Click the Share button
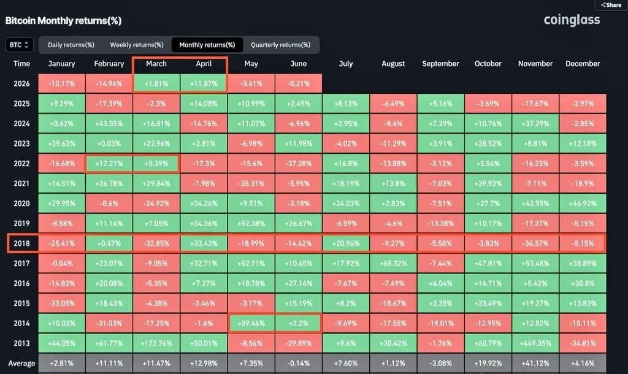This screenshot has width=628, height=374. [x=611, y=5]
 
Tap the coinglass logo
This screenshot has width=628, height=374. [x=572, y=20]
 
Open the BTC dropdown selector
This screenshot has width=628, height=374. [x=19, y=45]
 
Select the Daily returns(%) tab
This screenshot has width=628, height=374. [x=71, y=45]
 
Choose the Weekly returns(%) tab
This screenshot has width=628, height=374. [x=137, y=45]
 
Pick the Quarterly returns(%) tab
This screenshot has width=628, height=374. [x=280, y=45]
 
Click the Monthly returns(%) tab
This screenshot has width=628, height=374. [x=207, y=45]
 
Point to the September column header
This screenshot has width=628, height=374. [x=440, y=64]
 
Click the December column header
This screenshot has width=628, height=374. [x=583, y=64]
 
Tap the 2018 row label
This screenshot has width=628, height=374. [x=21, y=243]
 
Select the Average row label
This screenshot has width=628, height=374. [x=21, y=364]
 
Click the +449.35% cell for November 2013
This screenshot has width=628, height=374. [x=535, y=343]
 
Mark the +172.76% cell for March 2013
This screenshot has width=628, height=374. [x=156, y=343]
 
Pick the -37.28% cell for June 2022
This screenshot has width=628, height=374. [x=299, y=163]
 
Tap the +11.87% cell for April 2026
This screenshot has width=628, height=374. [x=204, y=83]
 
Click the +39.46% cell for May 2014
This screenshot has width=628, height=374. [x=251, y=324]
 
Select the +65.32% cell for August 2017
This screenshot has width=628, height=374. [x=393, y=264]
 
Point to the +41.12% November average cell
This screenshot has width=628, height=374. [x=535, y=364]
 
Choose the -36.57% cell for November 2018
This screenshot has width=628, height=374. [x=535, y=243]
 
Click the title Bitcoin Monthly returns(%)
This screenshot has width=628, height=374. [x=63, y=21]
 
